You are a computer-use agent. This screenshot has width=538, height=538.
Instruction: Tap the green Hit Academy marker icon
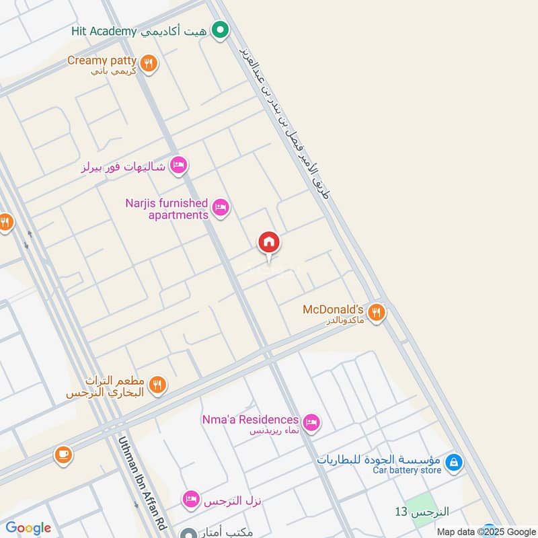point(219,30)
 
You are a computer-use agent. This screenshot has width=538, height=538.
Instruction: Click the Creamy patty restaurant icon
point(149,64)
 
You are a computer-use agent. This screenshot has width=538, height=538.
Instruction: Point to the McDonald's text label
point(333,309)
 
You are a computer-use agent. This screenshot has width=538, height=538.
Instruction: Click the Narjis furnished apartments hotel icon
point(220,208)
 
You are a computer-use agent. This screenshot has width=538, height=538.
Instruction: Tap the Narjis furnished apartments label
point(167,208)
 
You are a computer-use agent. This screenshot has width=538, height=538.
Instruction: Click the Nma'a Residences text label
point(250,420)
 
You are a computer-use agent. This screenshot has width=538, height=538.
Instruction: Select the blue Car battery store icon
point(455,462)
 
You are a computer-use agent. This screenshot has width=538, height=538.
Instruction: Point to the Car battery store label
point(407,470)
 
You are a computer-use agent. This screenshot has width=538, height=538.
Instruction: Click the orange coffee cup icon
point(63,455)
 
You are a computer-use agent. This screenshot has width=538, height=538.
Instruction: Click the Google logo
point(28,528)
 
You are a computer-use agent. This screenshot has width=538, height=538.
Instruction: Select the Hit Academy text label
point(104,32)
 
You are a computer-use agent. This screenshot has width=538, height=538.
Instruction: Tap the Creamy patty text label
point(102,61)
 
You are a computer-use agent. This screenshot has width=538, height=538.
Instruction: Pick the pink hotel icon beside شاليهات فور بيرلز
point(178,165)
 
